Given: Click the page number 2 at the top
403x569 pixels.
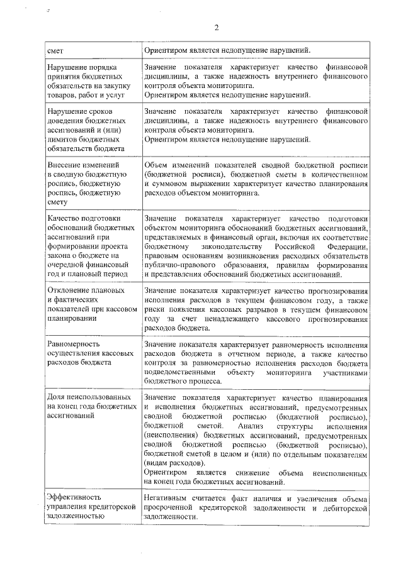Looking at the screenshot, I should pos(216,27).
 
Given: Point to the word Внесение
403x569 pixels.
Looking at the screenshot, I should pos(65,164).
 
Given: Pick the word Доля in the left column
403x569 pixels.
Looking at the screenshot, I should pos(58,398).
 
